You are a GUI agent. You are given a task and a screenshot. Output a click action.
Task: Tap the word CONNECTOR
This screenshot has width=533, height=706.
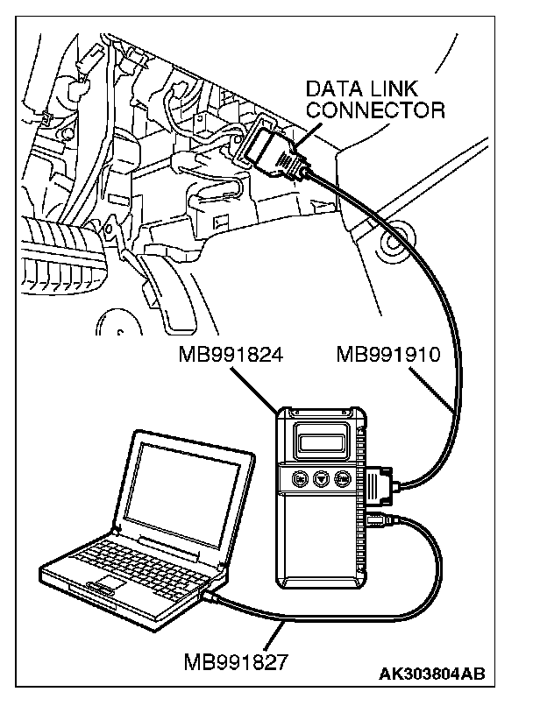[x=376, y=110]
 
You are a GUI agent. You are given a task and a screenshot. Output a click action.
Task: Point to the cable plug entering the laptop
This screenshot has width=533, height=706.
[x=213, y=597]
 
